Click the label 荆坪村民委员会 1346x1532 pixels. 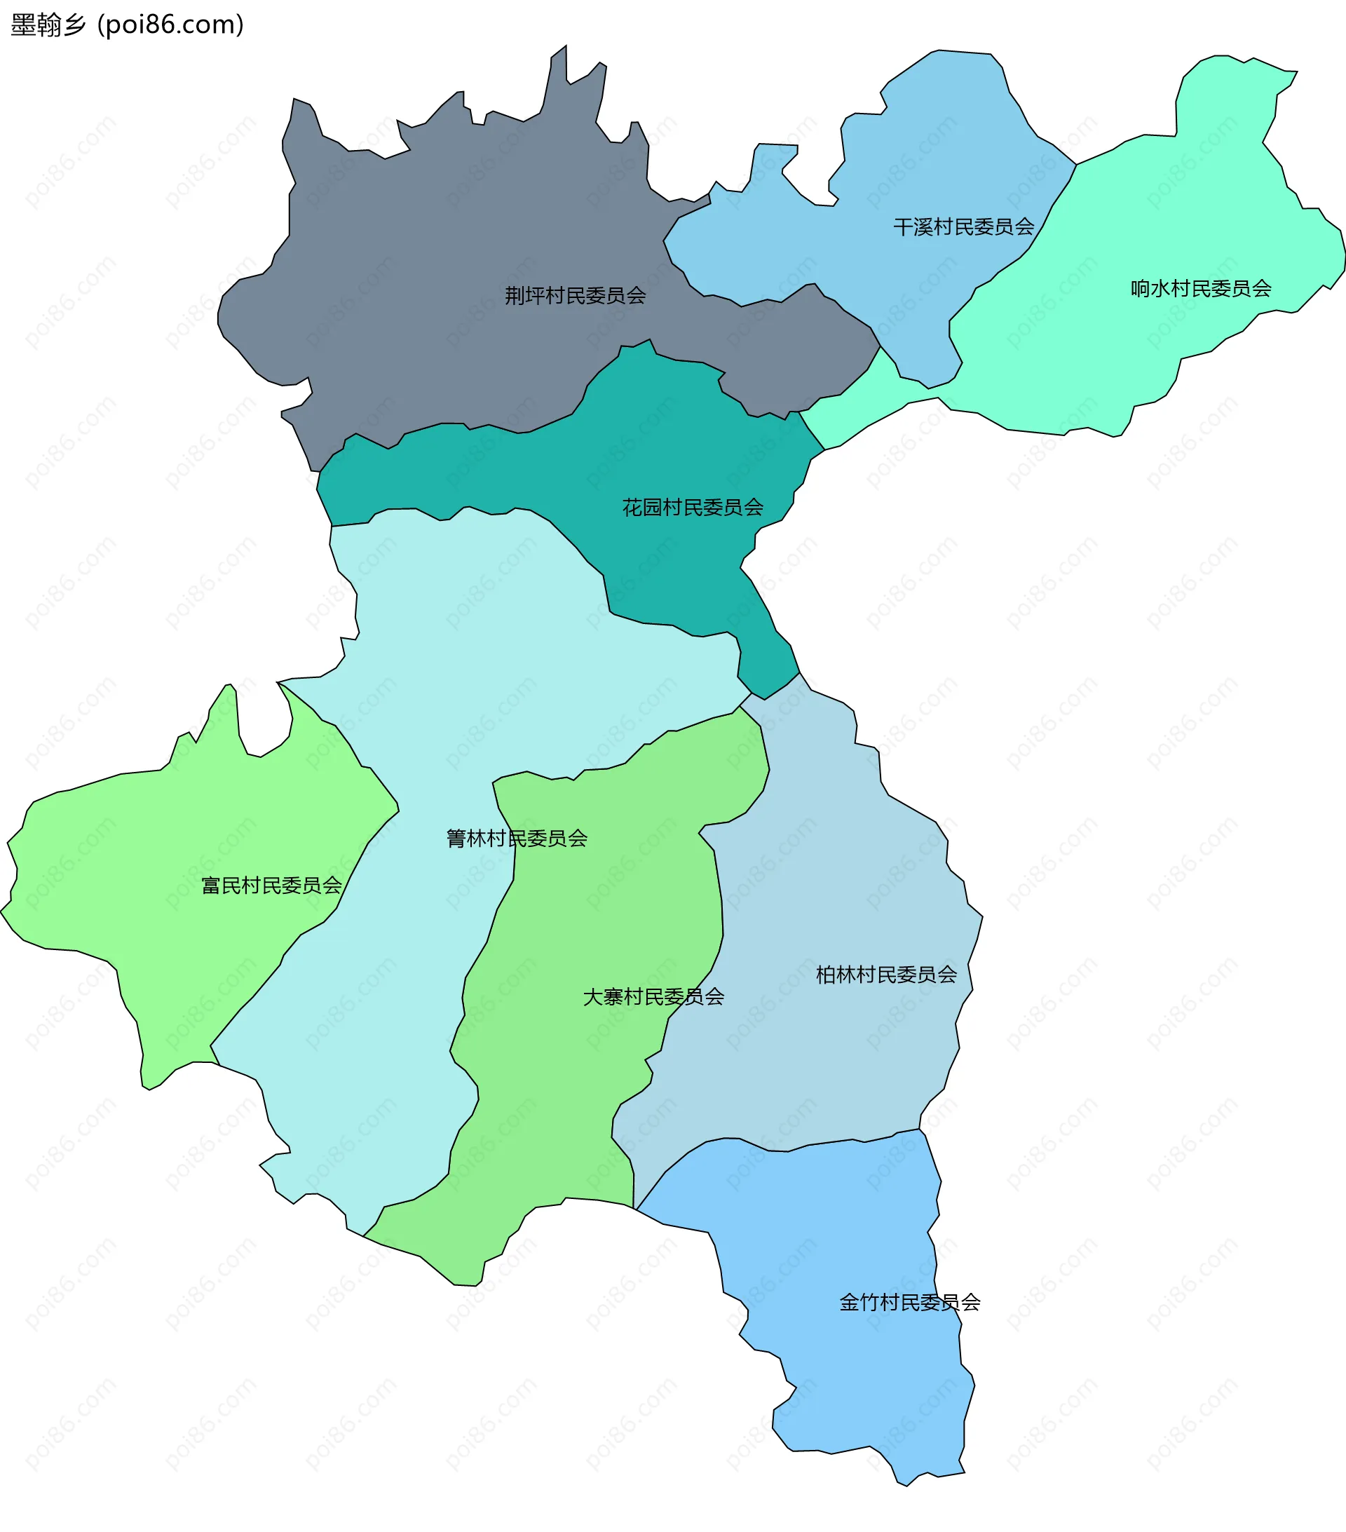575,295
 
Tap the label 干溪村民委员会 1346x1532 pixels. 963,226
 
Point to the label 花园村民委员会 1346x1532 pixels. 693,508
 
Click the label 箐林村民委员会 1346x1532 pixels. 517,838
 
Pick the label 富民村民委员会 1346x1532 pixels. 271,885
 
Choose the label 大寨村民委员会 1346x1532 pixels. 653,996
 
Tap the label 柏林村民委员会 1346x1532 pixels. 886,975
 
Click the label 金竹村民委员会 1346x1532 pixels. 909,1302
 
